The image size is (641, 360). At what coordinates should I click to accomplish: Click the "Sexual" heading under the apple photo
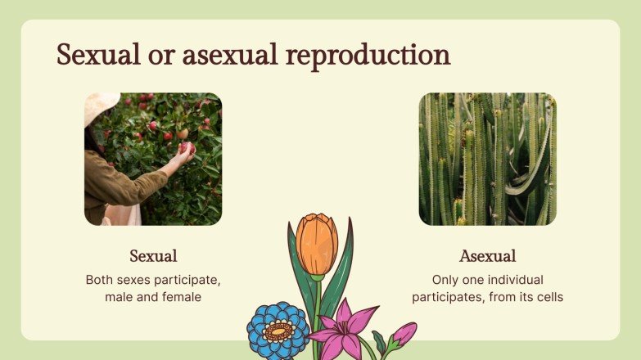click(153, 256)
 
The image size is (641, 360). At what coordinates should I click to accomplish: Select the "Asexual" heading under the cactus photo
click(487, 256)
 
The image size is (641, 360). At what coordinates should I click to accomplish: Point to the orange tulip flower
click(317, 243)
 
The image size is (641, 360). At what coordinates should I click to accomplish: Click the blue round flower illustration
click(278, 331)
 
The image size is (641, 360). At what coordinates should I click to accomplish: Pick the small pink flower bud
click(404, 333)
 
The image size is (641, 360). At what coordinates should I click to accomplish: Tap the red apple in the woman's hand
click(186, 147)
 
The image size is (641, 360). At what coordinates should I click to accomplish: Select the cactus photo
click(487, 159)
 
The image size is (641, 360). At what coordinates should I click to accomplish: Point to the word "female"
click(182, 297)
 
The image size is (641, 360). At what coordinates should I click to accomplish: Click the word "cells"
click(547, 297)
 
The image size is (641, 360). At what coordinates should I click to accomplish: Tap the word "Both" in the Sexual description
click(100, 280)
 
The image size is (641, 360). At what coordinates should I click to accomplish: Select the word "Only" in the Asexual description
click(446, 280)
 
